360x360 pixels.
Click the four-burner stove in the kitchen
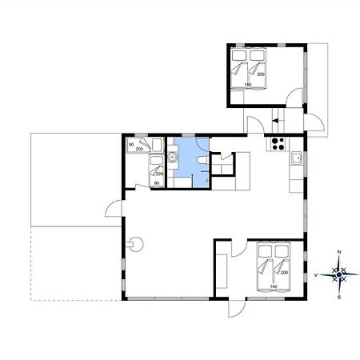point(278,144)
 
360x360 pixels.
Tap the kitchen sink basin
point(296,158)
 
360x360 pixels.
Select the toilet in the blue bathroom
point(202,160)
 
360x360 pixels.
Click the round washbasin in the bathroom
point(173,157)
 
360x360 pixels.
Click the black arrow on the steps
point(275,121)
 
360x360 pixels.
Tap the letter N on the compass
point(339,252)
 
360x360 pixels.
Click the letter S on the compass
point(339,298)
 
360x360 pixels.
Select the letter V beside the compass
point(316,275)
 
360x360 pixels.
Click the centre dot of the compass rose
point(339,274)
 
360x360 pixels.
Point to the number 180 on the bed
point(248,85)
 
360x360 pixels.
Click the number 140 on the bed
point(274,286)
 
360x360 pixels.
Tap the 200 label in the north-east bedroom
point(261,74)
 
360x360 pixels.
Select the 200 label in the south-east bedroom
point(284,273)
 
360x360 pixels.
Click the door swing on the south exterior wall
point(237,309)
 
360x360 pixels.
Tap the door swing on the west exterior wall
point(114,208)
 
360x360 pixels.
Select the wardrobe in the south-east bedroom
point(222,271)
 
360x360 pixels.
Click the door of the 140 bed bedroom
point(239,249)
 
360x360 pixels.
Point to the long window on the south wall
point(168,299)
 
